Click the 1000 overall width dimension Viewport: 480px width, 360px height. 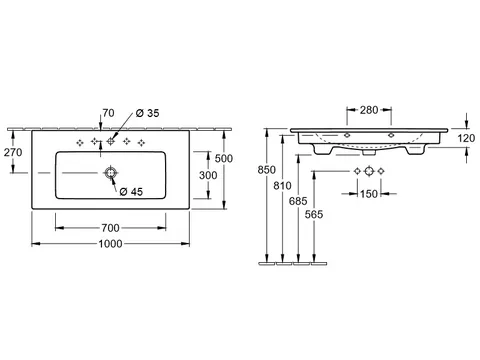pos(110,244)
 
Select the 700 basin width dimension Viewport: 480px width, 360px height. pos(110,228)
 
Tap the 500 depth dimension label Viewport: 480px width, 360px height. pos(224,158)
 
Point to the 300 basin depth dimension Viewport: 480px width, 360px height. pos(208,175)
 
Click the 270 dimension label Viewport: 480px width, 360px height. pos(13,152)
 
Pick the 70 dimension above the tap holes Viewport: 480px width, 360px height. pos(108,113)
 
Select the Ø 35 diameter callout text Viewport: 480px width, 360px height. pos(148,113)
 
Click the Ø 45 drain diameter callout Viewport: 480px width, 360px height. pos(131,192)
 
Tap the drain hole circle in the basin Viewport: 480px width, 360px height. pos(110,173)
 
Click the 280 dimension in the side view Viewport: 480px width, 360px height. pos(369,110)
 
